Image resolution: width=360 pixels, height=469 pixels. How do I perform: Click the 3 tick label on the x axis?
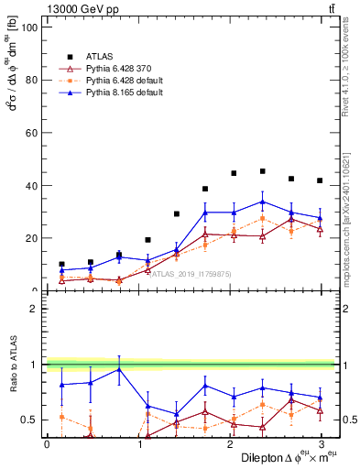pos(320,444)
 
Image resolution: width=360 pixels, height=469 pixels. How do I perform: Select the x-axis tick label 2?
pos(229,444)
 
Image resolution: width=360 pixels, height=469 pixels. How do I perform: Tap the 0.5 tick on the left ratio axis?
pos(30,420)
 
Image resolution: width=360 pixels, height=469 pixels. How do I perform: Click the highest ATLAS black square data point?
pos(262,171)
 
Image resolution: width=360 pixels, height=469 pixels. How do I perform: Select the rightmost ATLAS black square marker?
pos(320,180)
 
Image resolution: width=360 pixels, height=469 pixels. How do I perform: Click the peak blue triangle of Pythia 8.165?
pos(262,202)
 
